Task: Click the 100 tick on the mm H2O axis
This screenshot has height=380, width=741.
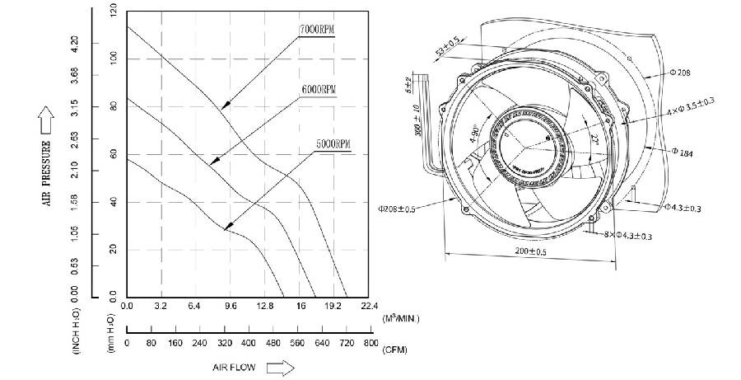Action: pos(114,58)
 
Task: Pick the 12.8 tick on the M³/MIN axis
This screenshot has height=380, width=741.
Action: pos(265,306)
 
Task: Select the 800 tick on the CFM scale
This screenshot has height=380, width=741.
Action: pos(370,344)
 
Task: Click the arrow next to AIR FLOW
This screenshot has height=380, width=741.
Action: pos(281,368)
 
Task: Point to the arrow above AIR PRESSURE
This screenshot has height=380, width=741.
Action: pos(46,124)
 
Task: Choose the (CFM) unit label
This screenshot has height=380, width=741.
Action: pos(394,350)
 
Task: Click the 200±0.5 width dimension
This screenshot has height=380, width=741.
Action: pos(531,250)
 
